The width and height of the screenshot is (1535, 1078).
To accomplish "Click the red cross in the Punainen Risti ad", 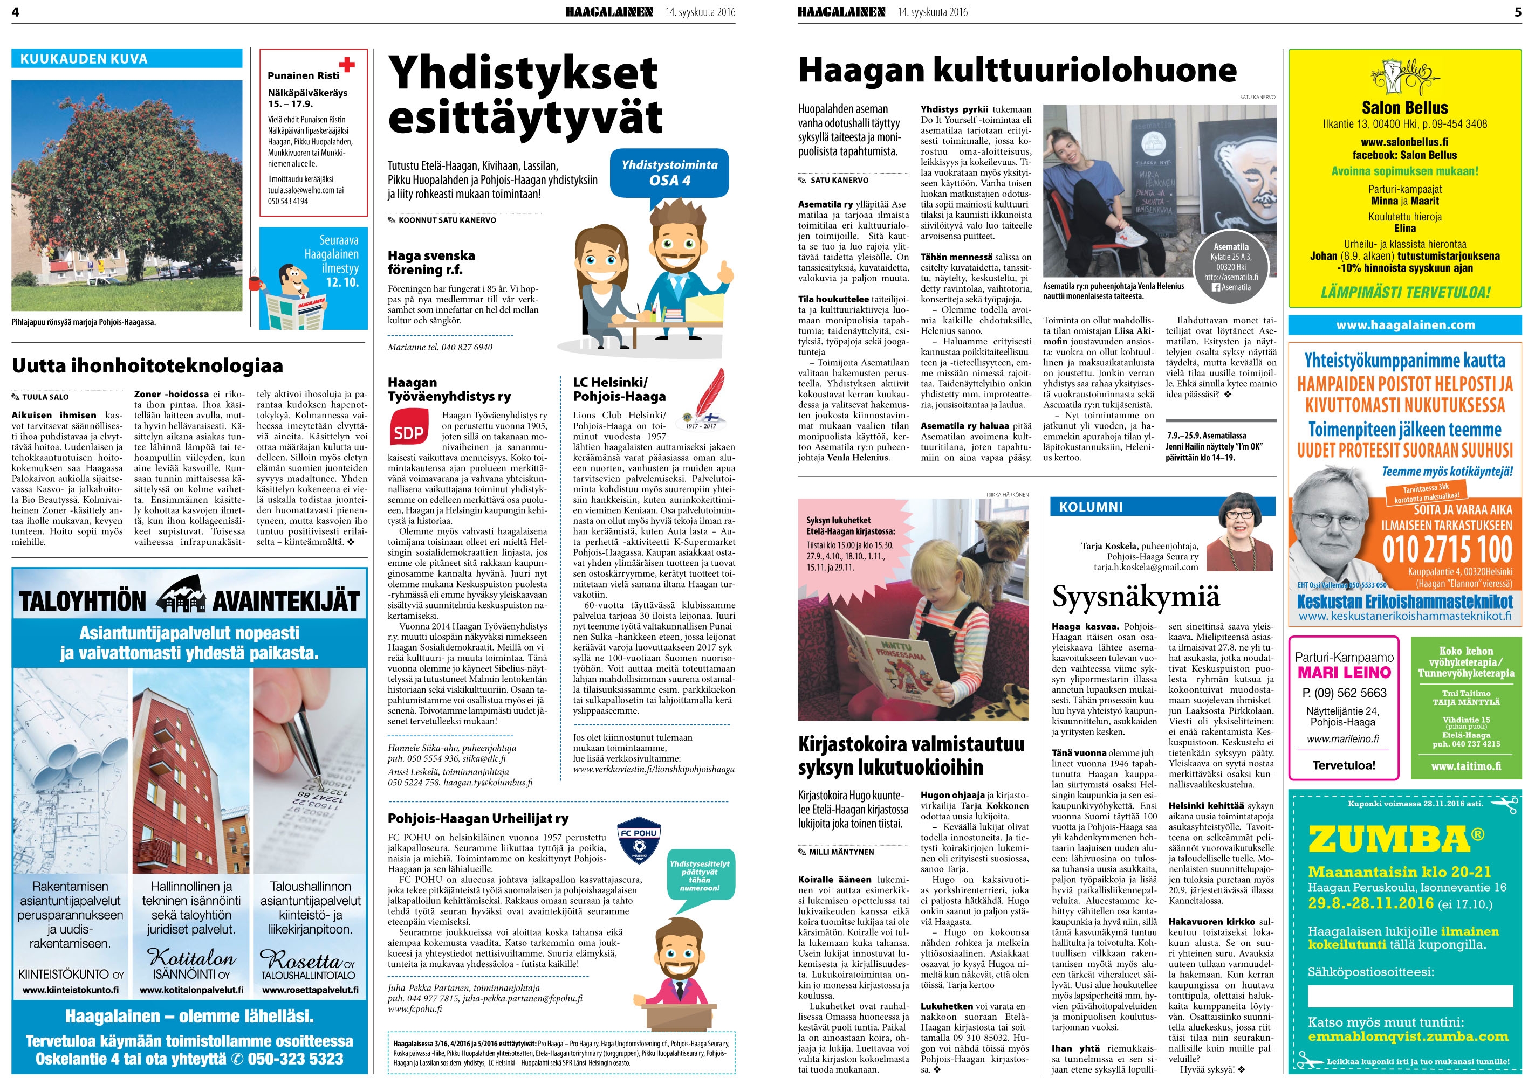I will [x=347, y=64].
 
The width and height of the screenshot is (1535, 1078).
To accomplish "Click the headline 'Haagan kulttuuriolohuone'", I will [x=1017, y=70].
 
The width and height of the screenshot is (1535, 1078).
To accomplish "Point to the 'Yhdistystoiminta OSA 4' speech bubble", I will [x=669, y=172].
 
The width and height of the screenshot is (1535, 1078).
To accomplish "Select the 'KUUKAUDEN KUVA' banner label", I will [x=84, y=59].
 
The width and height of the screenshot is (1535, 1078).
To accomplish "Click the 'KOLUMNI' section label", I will [x=1091, y=507].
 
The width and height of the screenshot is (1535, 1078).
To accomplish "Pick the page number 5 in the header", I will [x=1518, y=11].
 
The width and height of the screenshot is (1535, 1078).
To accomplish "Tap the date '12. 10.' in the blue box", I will [x=341, y=282].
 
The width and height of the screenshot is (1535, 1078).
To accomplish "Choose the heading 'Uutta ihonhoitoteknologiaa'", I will [x=147, y=365].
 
